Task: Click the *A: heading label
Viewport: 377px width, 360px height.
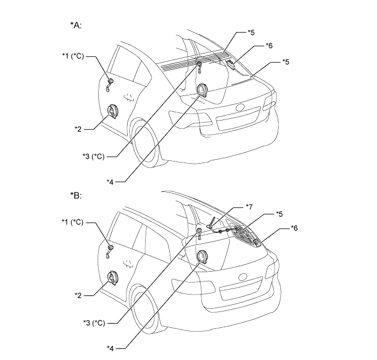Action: click(x=76, y=25)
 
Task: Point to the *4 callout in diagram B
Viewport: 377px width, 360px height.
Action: click(x=113, y=346)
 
